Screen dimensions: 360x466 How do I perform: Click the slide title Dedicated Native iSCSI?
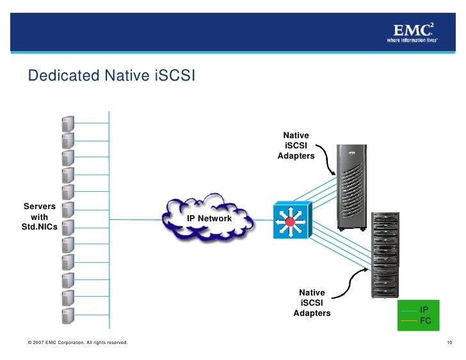click(111, 76)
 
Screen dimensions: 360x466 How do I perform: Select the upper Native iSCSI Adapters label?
click(296, 146)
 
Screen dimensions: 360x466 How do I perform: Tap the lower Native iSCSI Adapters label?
click(312, 303)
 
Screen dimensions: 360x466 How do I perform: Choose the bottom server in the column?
click(68, 315)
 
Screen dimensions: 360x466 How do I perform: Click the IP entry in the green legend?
click(424, 309)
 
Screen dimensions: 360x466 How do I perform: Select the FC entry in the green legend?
click(424, 320)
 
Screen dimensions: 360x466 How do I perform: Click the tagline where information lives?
click(412, 40)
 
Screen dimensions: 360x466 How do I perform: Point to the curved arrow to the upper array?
click(330, 160)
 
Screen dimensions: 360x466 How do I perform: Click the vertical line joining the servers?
click(109, 217)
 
